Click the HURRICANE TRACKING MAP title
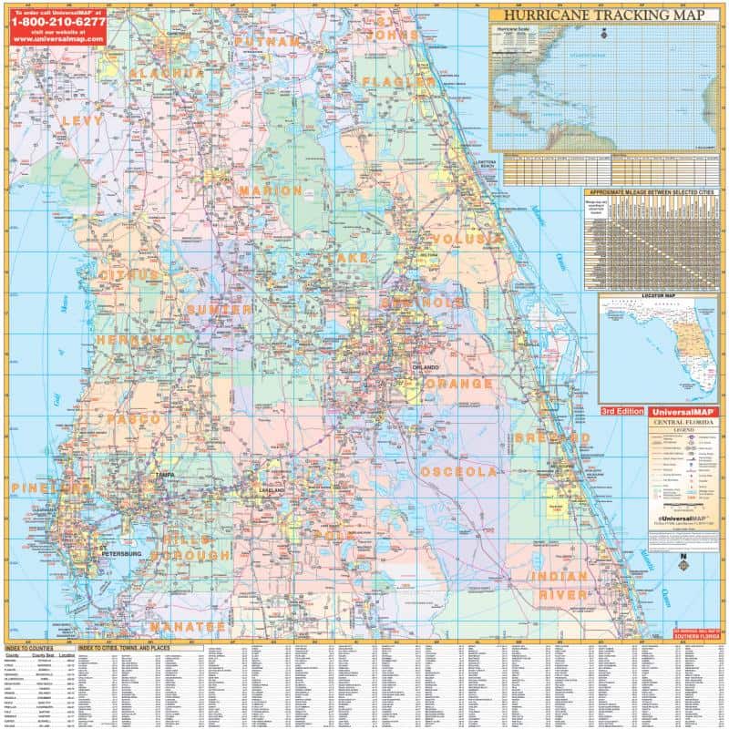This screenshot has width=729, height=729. (602, 15)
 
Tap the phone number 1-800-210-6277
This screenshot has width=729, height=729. (57, 20)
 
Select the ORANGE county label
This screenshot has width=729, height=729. (458, 385)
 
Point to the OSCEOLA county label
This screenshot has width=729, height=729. (458, 472)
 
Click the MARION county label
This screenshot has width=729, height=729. (271, 190)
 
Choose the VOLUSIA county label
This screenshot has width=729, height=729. (467, 239)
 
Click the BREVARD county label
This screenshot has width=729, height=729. (552, 438)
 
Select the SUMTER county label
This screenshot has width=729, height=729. (220, 310)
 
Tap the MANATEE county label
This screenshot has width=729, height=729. (187, 627)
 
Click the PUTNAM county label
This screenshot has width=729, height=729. (267, 42)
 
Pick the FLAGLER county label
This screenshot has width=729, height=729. (399, 82)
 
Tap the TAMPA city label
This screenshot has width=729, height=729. (165, 476)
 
